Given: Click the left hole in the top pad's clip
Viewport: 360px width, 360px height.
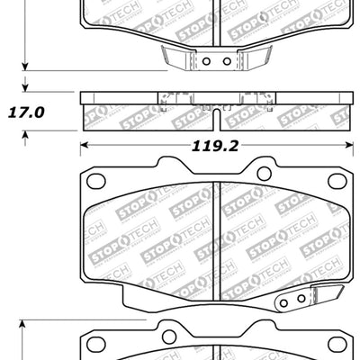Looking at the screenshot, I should [206, 61].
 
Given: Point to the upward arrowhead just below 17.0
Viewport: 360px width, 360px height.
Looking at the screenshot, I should [28, 132].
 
